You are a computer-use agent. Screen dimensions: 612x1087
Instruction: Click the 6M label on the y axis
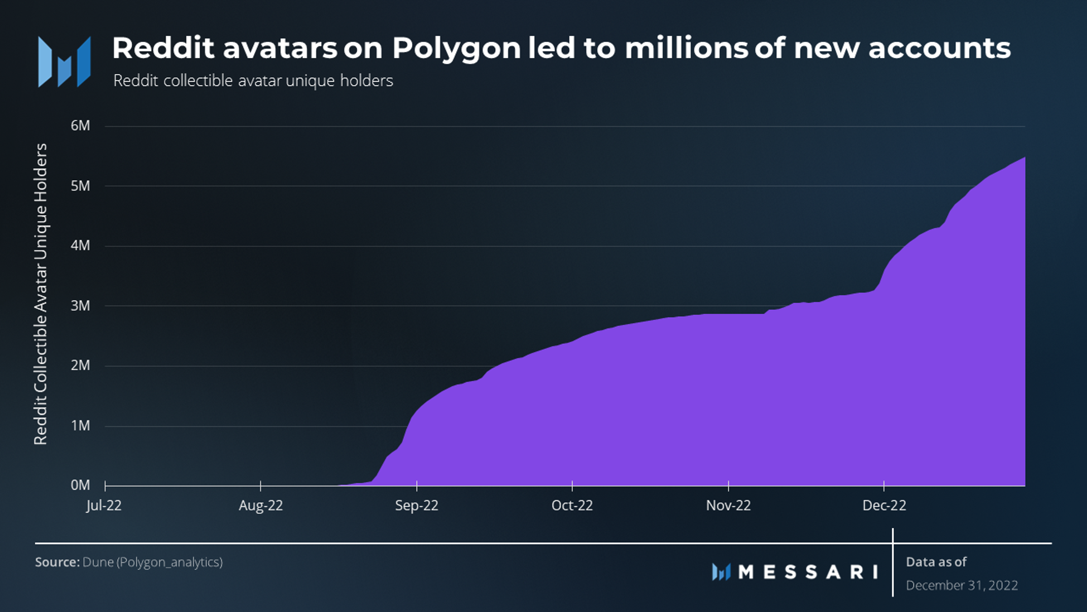(x=80, y=126)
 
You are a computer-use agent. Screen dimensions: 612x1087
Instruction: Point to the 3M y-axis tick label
(x=80, y=306)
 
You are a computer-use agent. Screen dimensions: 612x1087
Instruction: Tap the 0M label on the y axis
(x=80, y=485)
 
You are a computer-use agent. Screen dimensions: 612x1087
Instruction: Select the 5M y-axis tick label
(x=80, y=186)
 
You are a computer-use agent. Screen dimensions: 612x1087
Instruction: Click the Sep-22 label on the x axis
(x=417, y=505)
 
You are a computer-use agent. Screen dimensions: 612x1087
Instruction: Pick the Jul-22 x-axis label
(x=104, y=505)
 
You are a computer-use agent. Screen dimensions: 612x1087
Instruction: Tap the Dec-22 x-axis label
(x=884, y=505)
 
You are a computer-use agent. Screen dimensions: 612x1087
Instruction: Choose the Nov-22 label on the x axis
(x=728, y=505)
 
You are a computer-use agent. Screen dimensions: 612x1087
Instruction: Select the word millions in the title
(x=686, y=48)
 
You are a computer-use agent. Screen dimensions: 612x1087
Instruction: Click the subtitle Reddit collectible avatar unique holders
(x=253, y=81)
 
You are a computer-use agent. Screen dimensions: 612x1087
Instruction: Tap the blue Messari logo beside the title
(x=64, y=61)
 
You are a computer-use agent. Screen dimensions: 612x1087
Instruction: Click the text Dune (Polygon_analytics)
(x=152, y=562)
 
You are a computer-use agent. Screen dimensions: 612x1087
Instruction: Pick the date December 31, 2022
(x=962, y=586)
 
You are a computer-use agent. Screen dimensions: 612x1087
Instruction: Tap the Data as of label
(x=936, y=562)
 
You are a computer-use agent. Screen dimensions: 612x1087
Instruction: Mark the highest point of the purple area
(x=1024, y=158)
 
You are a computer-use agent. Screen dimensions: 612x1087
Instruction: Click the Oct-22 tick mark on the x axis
(x=572, y=486)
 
